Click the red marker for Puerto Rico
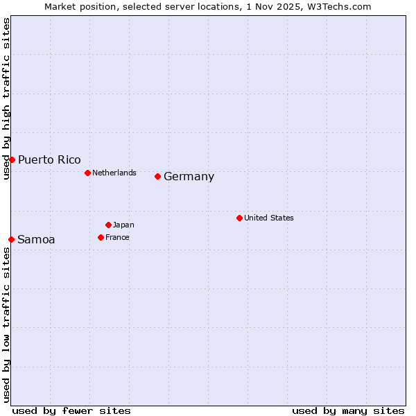point(12,159)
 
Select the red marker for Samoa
point(11,239)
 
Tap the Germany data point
point(157,176)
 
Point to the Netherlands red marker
point(87,173)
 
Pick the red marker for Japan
point(108,225)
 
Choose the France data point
point(101,237)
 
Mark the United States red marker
point(239,218)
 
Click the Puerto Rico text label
point(49,159)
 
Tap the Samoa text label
point(36,239)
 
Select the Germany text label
point(189,176)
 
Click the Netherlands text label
point(114,173)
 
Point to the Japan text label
point(123,225)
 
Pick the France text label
point(117,237)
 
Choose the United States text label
point(269,218)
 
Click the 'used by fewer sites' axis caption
point(71,410)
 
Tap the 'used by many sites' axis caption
point(348,410)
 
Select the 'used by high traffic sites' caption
point(6,98)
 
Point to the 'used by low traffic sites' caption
point(6,324)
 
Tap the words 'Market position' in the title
point(77,6)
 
